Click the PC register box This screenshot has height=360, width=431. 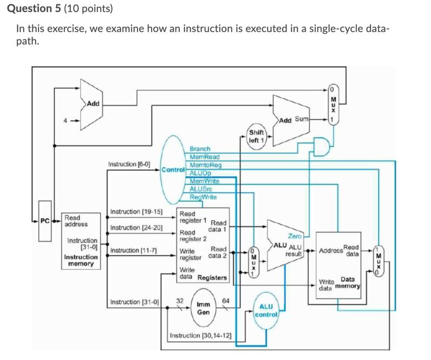point(45,221)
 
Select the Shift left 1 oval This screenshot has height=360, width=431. point(256,136)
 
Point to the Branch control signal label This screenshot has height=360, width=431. point(200,148)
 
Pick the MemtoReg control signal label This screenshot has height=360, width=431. point(205,165)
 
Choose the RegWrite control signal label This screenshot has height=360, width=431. point(203,197)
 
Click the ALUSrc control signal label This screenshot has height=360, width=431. point(201,189)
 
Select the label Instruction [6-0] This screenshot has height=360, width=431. point(129,163)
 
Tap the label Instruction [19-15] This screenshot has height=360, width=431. point(136,212)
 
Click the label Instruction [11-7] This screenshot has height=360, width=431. point(133,251)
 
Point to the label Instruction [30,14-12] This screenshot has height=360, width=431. point(201,336)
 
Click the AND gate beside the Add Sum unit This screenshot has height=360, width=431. point(323,146)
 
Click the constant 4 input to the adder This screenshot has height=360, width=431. point(66,121)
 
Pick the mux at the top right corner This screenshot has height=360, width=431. point(334,103)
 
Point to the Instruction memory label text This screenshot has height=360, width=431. point(81,260)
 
